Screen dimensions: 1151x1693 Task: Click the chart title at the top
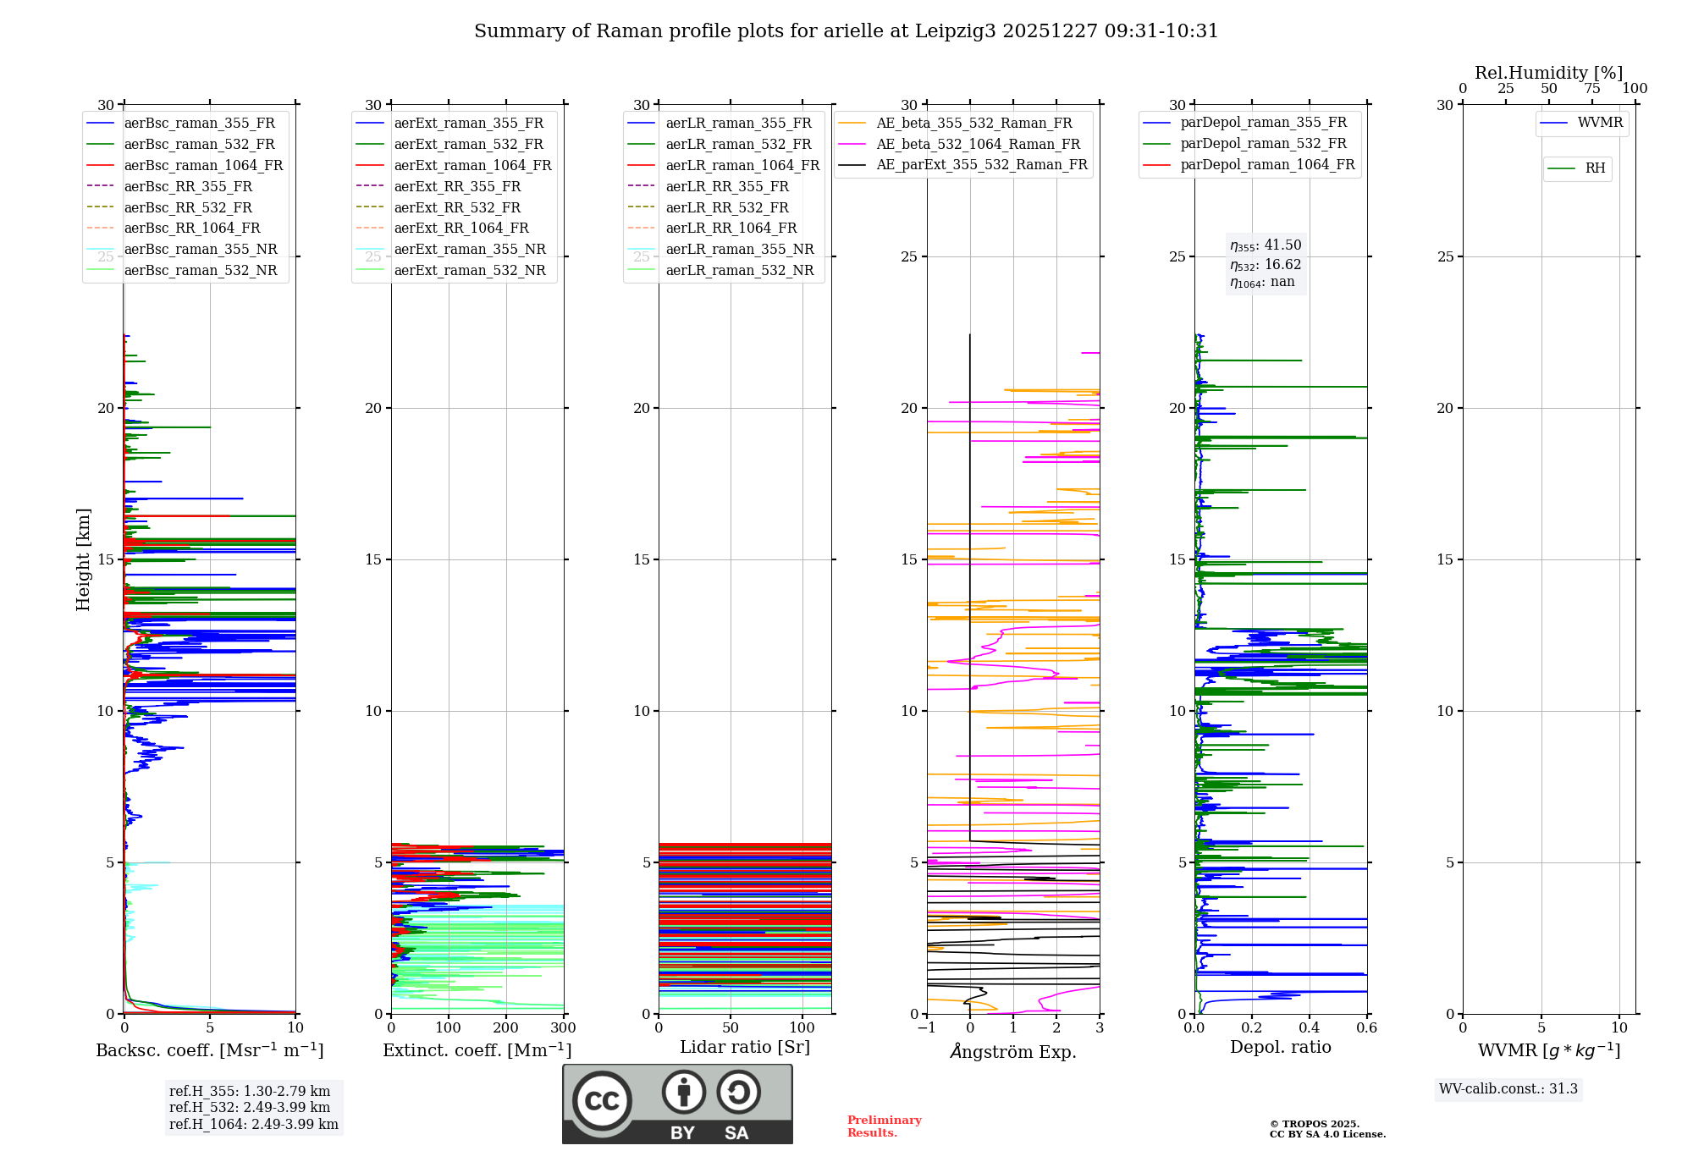click(x=846, y=31)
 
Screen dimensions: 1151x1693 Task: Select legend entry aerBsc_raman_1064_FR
click(x=203, y=166)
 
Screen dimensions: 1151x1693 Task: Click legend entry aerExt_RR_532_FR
click(x=457, y=208)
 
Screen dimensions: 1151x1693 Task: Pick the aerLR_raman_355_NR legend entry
click(x=739, y=250)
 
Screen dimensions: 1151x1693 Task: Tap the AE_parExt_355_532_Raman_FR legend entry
click(x=981, y=165)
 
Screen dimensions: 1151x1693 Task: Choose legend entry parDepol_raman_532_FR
click(x=1263, y=144)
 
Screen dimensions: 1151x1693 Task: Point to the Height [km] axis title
click(x=83, y=559)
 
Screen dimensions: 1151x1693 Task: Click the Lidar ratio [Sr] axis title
click(x=745, y=1048)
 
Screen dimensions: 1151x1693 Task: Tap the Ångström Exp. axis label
click(x=1013, y=1052)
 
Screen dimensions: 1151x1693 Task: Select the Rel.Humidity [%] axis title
click(x=1548, y=73)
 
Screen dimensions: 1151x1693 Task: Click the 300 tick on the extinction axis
click(x=563, y=1028)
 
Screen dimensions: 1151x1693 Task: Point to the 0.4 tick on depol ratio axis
click(x=1309, y=1028)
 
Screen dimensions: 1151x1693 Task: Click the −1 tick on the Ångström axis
click(x=926, y=1028)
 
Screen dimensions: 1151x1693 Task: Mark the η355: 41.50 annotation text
click(x=1266, y=245)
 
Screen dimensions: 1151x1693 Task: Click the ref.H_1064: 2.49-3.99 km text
click(x=253, y=1125)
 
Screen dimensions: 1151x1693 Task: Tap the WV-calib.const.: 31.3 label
click(x=1508, y=1089)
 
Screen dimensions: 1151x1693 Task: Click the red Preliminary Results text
click(x=884, y=1126)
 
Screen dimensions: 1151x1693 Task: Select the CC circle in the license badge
click(x=602, y=1101)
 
